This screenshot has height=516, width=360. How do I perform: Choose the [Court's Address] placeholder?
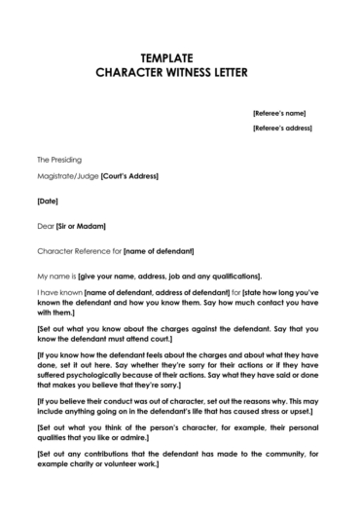(129, 176)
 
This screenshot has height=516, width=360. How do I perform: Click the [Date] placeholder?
(48, 202)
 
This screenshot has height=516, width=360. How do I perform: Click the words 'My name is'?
(55, 275)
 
